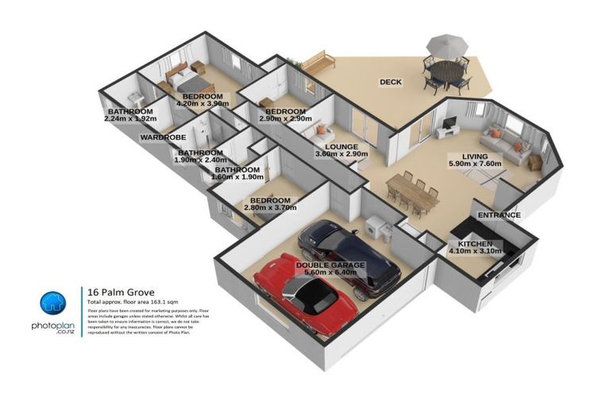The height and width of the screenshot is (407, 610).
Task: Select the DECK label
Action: (x=390, y=82)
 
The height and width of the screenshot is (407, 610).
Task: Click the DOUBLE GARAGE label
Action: (x=330, y=265)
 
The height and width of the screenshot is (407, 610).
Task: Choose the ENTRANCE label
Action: (x=499, y=215)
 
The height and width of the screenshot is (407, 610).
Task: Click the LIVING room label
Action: (x=463, y=157)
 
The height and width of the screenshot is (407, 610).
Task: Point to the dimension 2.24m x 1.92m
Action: (x=130, y=119)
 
